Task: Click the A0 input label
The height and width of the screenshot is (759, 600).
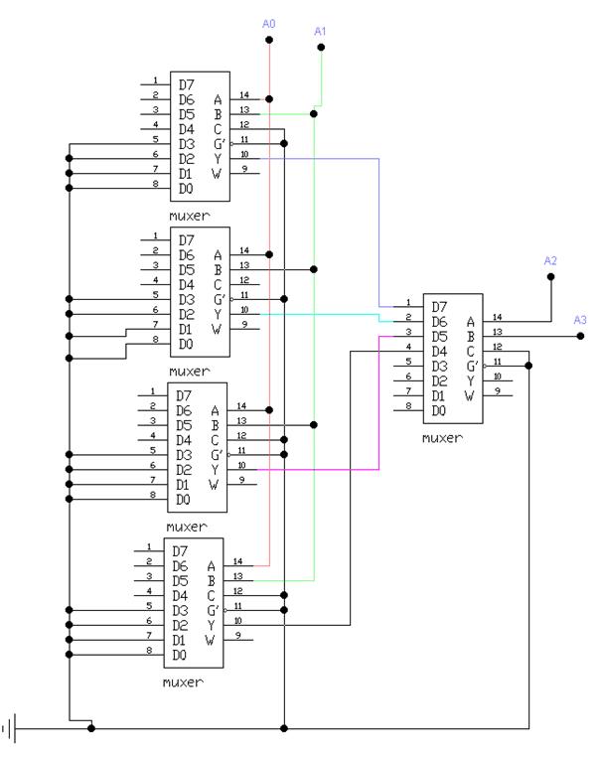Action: tap(268, 22)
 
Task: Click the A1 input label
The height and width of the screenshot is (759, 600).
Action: tap(320, 31)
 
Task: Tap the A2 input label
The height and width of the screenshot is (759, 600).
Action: tap(550, 260)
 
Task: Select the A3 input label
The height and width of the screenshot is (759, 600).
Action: tap(581, 319)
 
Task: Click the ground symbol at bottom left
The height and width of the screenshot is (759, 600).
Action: tap(11, 728)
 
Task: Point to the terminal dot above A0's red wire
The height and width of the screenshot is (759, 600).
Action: tap(268, 41)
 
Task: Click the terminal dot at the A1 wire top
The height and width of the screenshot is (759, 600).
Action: tap(320, 47)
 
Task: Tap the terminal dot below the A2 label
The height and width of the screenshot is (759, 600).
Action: tap(550, 278)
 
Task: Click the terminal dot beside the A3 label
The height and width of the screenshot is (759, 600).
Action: tap(581, 336)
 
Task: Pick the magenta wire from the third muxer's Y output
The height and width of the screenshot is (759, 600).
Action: tap(378, 417)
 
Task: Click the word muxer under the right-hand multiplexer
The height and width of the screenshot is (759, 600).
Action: tap(442, 436)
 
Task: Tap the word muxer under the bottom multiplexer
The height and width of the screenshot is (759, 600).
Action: tap(184, 682)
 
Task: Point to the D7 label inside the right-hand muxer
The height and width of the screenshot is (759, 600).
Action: tap(439, 306)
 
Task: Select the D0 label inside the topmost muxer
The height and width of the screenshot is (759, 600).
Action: tap(186, 188)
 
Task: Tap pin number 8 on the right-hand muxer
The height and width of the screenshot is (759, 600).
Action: tap(408, 406)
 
